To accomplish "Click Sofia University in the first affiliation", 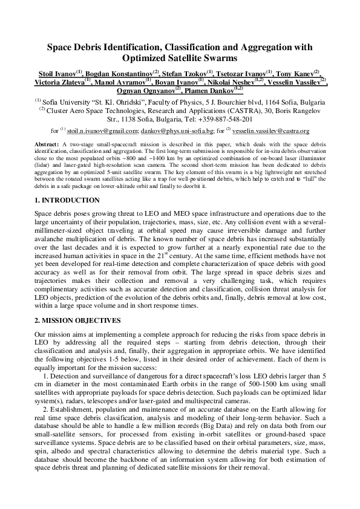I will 67,102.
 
